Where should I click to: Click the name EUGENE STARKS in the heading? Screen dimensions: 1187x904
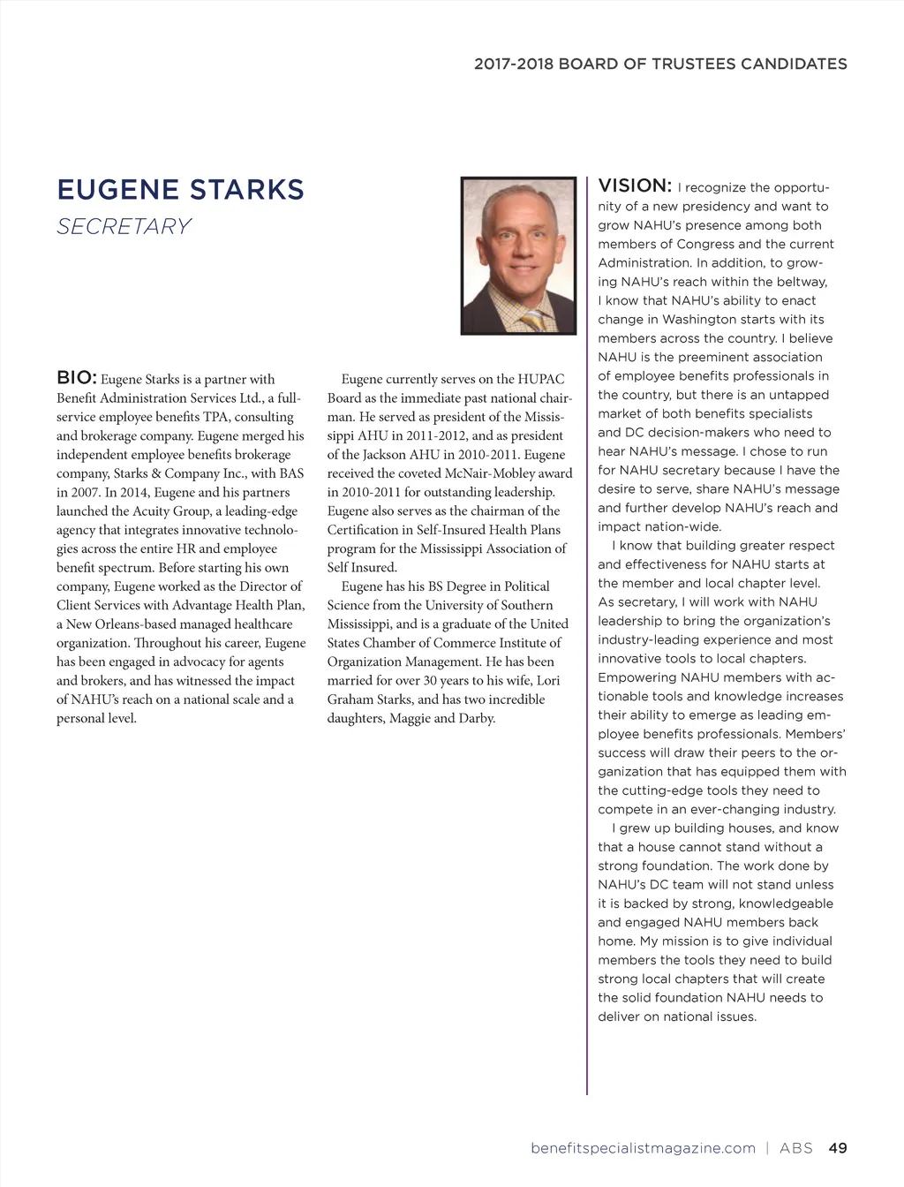(x=180, y=190)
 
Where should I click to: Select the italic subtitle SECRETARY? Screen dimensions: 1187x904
(x=124, y=227)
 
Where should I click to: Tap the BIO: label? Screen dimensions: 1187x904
(x=76, y=378)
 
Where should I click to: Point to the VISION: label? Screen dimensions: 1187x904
(x=635, y=185)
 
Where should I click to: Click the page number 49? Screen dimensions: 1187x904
(x=838, y=1148)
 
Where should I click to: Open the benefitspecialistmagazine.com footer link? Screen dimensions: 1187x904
(x=643, y=1148)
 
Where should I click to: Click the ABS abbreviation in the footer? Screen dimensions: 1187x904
(x=795, y=1148)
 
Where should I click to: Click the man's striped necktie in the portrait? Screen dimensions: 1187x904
(x=533, y=321)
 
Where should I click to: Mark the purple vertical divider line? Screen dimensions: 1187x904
(x=587, y=636)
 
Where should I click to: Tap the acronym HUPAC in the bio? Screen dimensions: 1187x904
(x=540, y=379)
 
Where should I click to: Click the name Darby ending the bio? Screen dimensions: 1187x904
(x=477, y=718)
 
